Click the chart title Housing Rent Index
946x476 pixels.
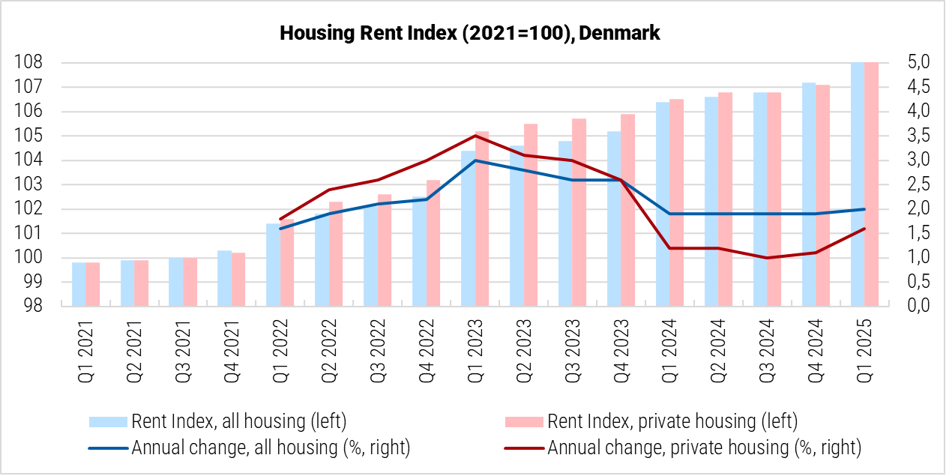[470, 34]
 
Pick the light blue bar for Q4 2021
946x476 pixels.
[224, 279]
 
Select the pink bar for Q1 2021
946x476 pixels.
[92, 285]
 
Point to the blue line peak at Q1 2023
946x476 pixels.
[476, 160]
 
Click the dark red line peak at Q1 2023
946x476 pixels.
[476, 136]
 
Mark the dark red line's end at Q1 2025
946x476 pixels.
[864, 229]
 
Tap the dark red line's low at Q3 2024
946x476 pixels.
[767, 258]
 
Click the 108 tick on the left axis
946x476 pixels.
[28, 62]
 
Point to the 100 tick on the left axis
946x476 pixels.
[28, 258]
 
